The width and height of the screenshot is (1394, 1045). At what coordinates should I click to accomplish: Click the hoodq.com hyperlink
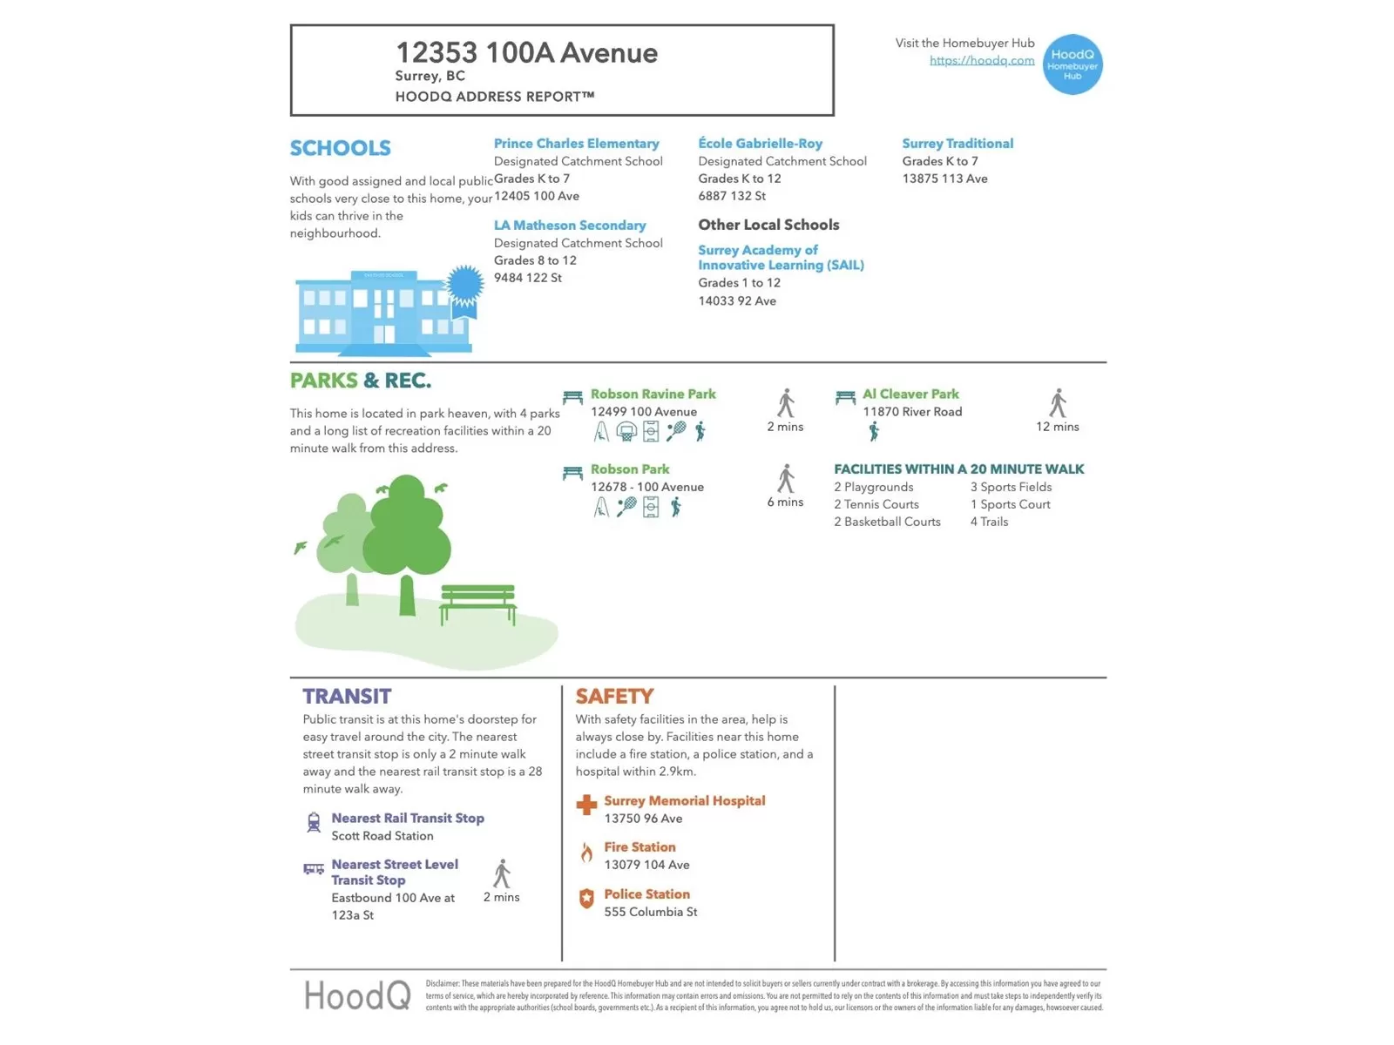pos(982,60)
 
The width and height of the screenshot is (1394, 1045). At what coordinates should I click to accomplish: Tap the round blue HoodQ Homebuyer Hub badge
pos(1073,64)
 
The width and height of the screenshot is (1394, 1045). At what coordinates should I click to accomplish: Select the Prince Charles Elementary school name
pos(576,144)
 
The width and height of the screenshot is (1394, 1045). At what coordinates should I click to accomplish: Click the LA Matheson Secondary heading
pos(570,226)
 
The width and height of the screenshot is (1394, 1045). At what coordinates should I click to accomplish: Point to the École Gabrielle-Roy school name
pos(760,144)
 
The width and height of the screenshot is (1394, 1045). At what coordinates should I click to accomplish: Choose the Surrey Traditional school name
pos(958,144)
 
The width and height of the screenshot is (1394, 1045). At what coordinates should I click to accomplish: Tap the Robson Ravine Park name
pos(653,394)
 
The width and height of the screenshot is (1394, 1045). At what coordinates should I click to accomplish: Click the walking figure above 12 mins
pos(1058,403)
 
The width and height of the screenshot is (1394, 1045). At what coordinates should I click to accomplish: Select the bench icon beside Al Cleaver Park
pos(845,397)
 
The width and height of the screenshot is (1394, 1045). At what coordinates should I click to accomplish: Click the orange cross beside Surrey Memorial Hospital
pos(586,805)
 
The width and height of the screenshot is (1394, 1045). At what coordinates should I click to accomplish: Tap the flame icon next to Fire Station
pos(586,852)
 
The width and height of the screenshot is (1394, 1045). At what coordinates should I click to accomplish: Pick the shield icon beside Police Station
pos(586,898)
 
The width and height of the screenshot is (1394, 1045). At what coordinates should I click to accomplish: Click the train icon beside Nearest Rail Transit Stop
pos(314,822)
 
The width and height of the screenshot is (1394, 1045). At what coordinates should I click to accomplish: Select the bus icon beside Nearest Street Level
pos(314,868)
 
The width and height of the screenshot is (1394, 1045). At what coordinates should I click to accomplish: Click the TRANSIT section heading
pos(347,696)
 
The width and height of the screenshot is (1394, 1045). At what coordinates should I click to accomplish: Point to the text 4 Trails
pos(989,522)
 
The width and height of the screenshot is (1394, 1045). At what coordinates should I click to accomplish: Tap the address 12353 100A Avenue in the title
pos(526,53)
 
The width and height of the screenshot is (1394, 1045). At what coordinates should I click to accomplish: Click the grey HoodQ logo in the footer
pos(357,994)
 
